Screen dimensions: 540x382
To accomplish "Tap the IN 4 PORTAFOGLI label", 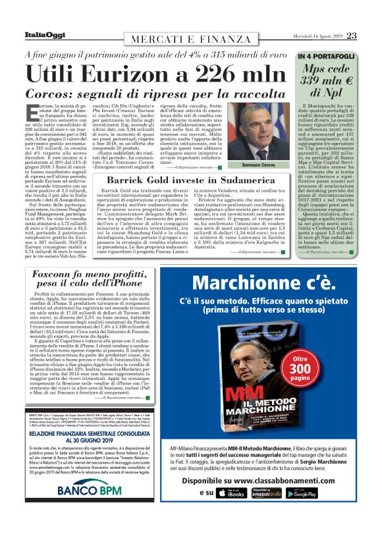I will click(x=326, y=57).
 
